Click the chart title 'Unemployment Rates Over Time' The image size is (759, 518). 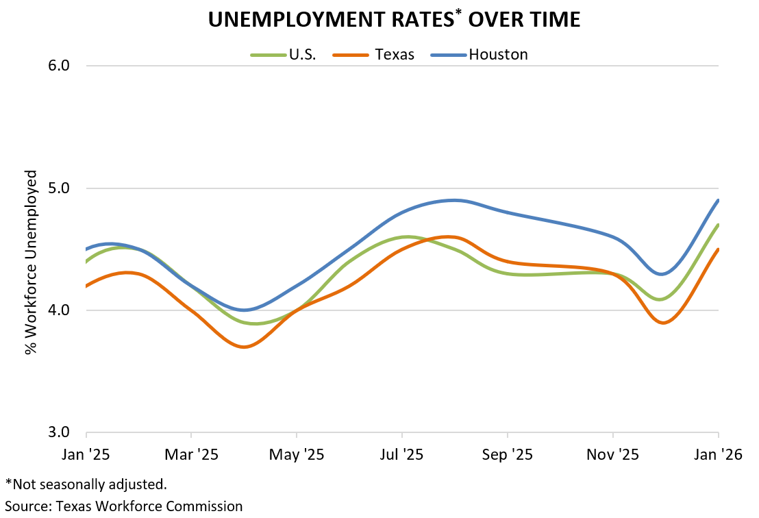tap(394, 20)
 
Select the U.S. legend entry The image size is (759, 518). tap(302, 55)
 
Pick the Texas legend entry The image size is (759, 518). tap(395, 55)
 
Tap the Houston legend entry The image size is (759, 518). tap(498, 55)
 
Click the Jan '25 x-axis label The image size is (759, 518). tap(86, 454)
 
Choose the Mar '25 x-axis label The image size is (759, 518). tap(191, 454)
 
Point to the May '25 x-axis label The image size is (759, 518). tap(297, 454)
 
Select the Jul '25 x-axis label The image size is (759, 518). tap(402, 454)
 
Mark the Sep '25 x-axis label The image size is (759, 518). tap(507, 454)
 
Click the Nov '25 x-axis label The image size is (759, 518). tap(612, 454)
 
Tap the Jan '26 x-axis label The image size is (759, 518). tap(717, 454)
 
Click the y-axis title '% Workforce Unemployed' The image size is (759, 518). tap(31, 262)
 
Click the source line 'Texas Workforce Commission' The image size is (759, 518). tap(124, 506)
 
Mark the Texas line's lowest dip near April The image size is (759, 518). tap(244, 347)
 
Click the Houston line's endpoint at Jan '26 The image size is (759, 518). tap(718, 200)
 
